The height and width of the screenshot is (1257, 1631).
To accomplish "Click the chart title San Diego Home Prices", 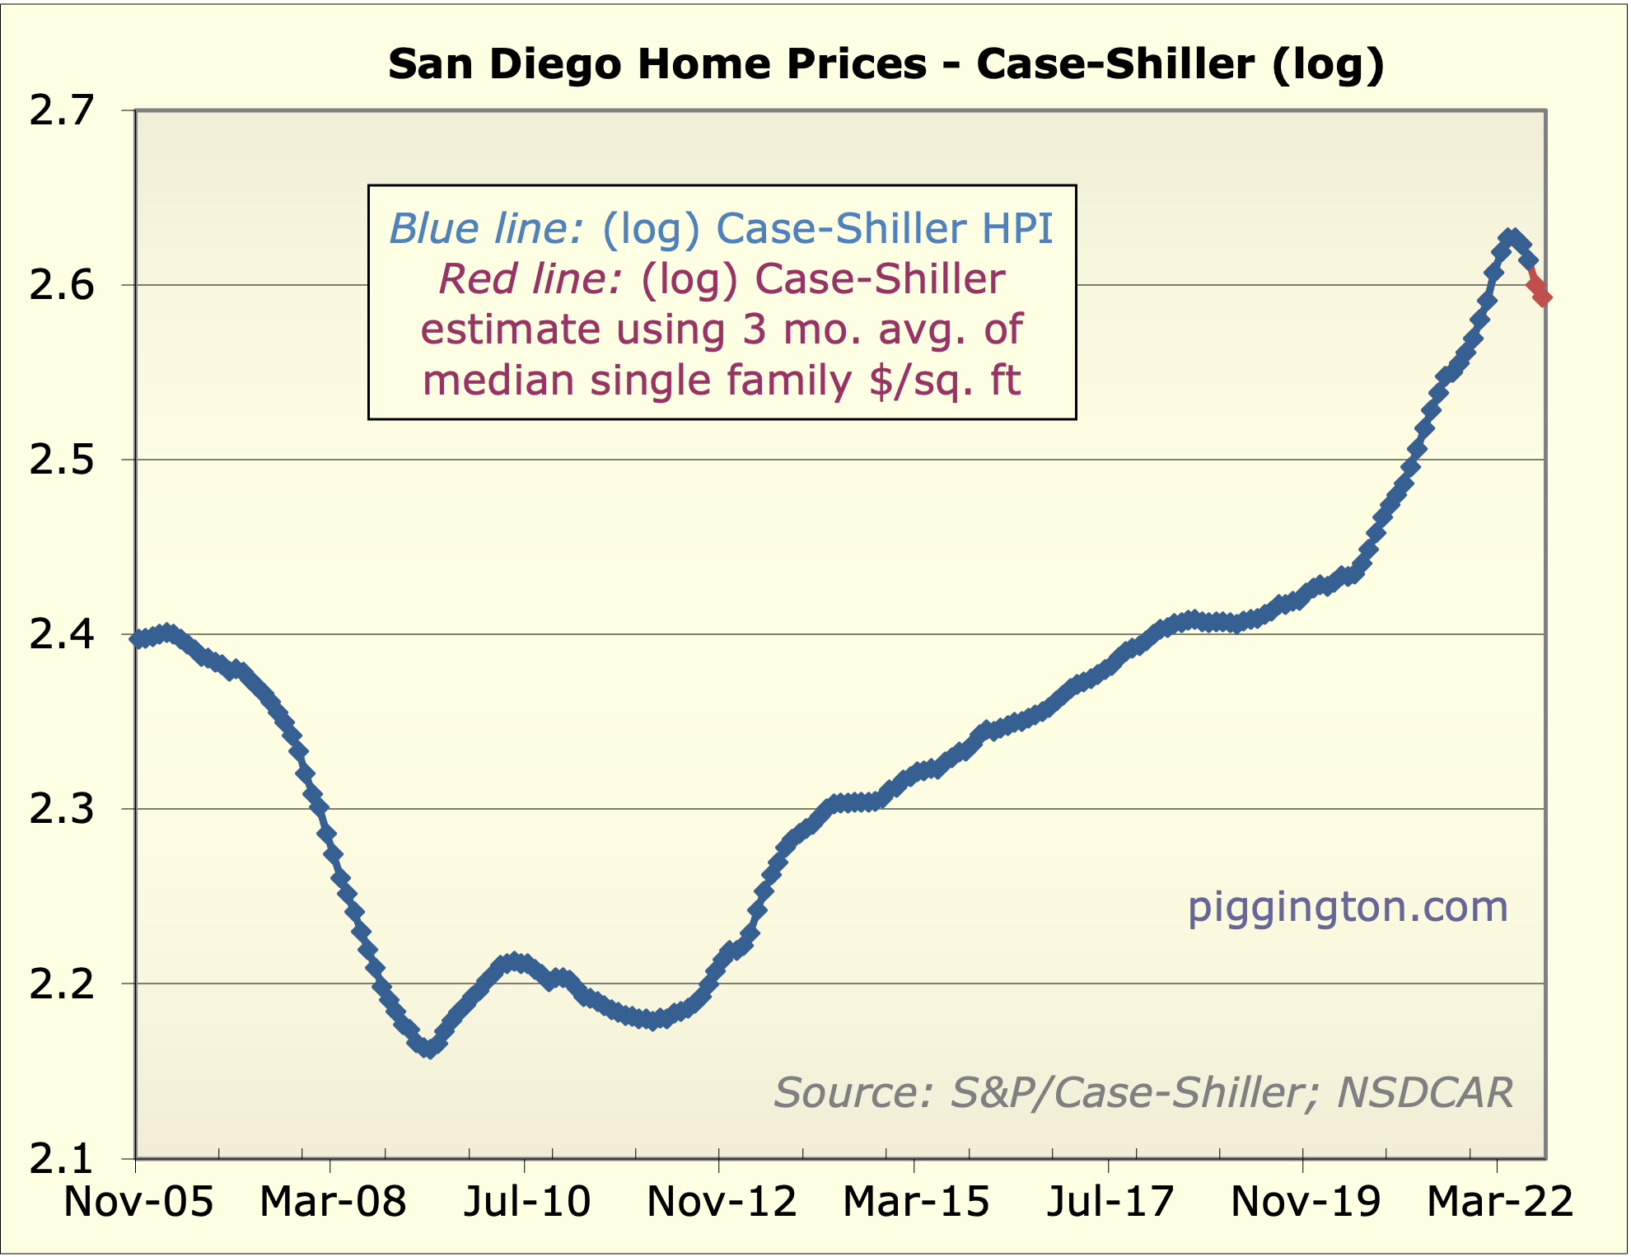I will pyautogui.click(x=886, y=64).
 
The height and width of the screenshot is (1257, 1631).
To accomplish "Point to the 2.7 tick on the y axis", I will pyautogui.click(x=62, y=110).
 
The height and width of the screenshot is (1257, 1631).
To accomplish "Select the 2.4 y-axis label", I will pyautogui.click(x=62, y=634).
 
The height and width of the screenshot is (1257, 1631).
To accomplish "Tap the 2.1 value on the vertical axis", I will pyautogui.click(x=62, y=1158).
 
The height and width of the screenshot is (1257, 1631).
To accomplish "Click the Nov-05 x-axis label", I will pyautogui.click(x=138, y=1201).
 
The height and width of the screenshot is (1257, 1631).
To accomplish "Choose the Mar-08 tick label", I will pyautogui.click(x=333, y=1201).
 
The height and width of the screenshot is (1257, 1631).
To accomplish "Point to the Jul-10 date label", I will pyautogui.click(x=527, y=1201).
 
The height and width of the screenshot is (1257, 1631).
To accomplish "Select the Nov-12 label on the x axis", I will pyautogui.click(x=722, y=1201).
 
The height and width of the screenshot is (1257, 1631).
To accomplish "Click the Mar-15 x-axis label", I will pyautogui.click(x=916, y=1201).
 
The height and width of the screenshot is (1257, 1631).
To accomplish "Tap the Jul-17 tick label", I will pyautogui.click(x=1110, y=1201).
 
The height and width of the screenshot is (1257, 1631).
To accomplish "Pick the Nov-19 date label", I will pyautogui.click(x=1305, y=1201).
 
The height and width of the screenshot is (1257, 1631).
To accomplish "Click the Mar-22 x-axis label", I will pyautogui.click(x=1499, y=1201).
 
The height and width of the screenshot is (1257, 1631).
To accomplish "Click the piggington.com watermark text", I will pyautogui.click(x=1348, y=907).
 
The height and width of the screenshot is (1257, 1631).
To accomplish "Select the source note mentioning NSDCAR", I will pyautogui.click(x=1143, y=1093).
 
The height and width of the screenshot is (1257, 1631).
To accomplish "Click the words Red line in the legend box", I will pyautogui.click(x=530, y=279).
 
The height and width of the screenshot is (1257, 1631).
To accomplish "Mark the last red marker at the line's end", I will pyautogui.click(x=1544, y=297).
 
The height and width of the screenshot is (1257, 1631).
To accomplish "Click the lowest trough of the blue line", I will pyautogui.click(x=428, y=1049).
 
